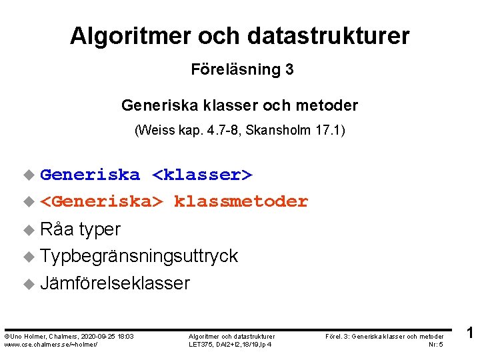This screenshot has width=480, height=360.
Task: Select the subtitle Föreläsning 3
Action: tap(242, 69)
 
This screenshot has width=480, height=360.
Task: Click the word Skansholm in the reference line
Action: tap(273, 130)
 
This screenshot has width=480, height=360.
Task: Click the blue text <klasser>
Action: tap(202, 175)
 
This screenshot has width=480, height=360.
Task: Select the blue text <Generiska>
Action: tap(101, 201)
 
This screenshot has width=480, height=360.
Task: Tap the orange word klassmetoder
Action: tap(241, 201)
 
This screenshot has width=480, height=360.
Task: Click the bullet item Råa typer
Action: tap(80, 229)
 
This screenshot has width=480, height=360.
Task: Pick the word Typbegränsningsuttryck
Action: tap(139, 256)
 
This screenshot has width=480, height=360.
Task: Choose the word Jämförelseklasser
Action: tap(115, 283)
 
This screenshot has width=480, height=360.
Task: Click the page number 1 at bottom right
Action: tap(469, 333)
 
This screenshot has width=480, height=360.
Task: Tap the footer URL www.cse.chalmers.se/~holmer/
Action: tap(51, 344)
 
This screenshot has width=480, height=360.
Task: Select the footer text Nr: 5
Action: tap(437, 344)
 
